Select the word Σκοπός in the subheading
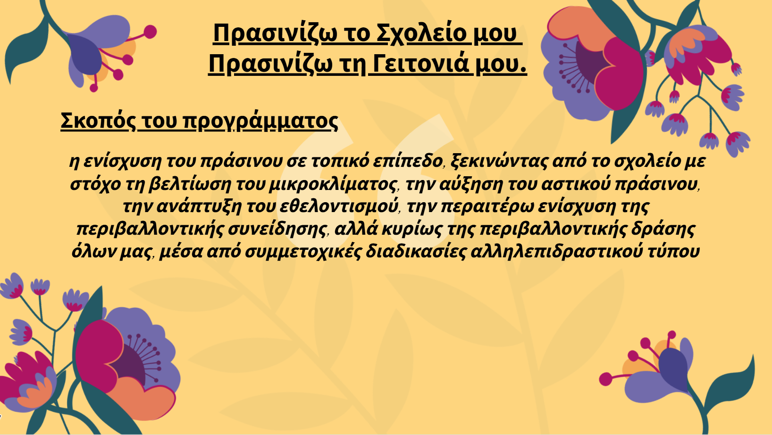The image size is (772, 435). tap(98, 121)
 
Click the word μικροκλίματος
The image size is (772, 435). tap(333, 184)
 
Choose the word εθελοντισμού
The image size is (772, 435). tap(339, 206)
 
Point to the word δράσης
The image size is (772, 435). tap(663, 229)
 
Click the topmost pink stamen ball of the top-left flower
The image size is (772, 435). tap(150, 32)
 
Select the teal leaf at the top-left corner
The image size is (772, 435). tap(26, 48)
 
